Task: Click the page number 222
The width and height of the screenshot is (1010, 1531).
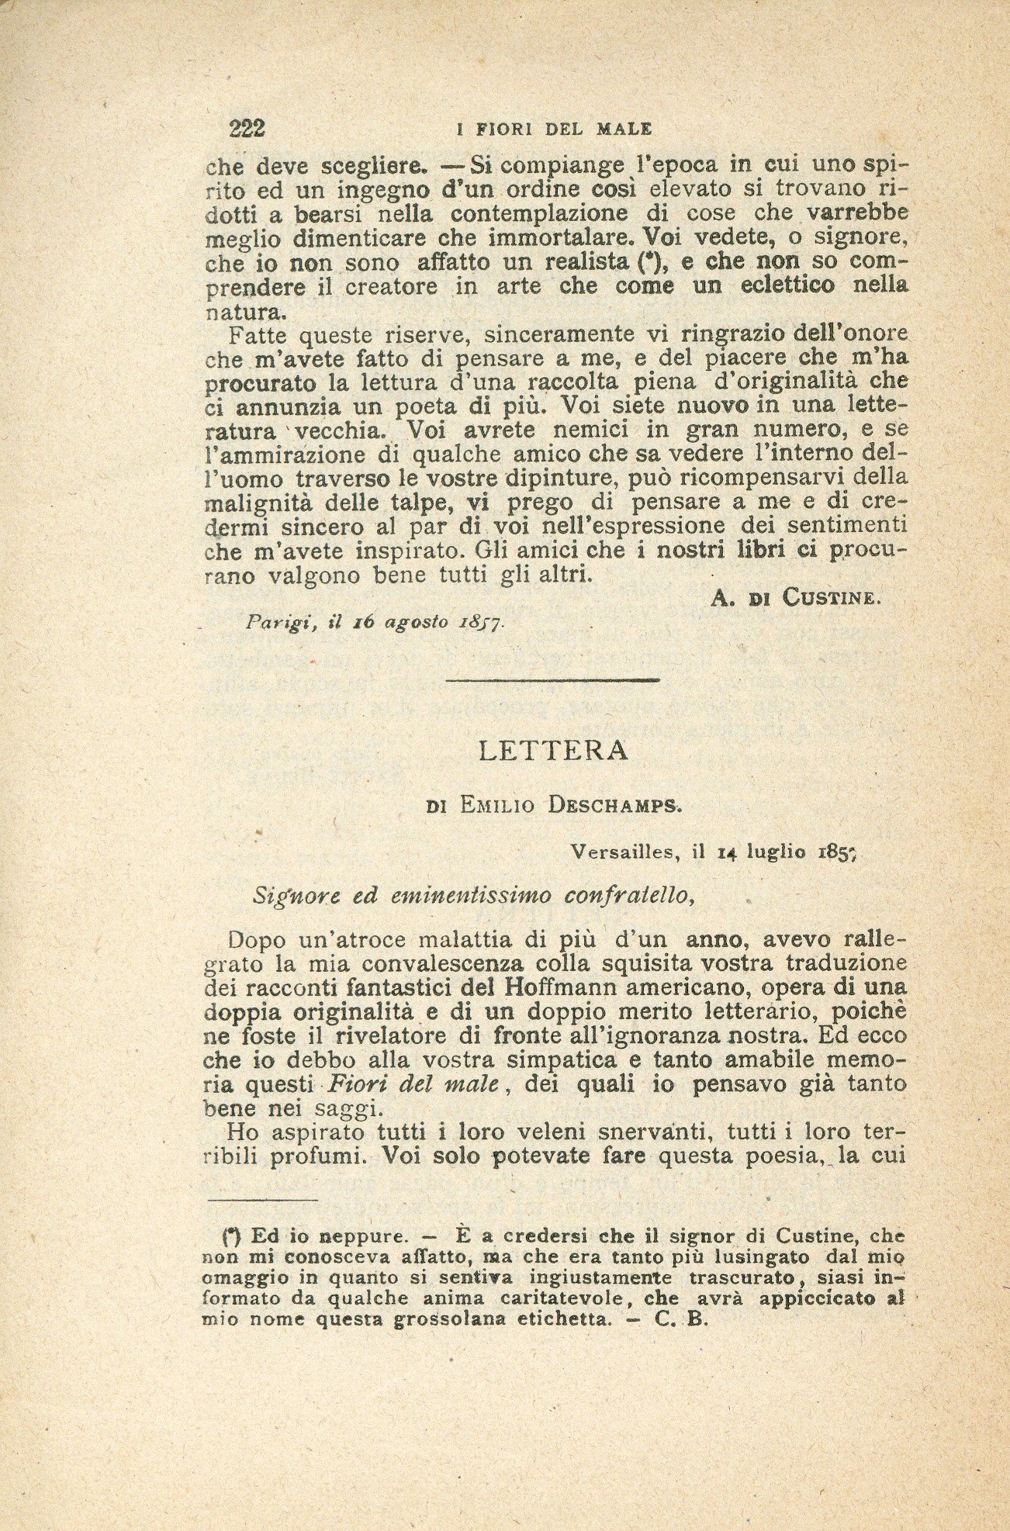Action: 247,128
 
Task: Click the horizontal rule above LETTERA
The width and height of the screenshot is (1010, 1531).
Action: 553,680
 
